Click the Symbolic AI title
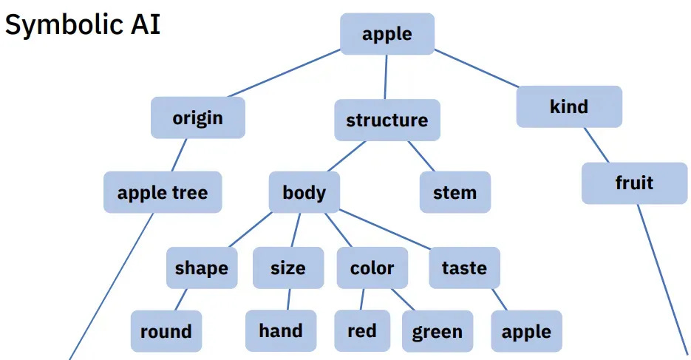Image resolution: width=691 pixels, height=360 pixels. (x=83, y=26)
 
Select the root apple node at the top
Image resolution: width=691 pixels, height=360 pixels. (x=387, y=34)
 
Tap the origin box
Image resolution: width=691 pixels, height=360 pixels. (x=197, y=118)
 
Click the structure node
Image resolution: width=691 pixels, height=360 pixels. (x=387, y=120)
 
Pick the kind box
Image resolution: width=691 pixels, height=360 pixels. (x=568, y=106)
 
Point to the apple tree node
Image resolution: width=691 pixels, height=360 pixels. (x=163, y=193)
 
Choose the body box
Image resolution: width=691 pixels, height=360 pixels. (x=304, y=192)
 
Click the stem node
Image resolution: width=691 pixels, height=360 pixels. (x=455, y=192)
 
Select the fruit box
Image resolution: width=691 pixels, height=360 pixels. (x=634, y=183)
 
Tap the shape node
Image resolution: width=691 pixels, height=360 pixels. (x=202, y=268)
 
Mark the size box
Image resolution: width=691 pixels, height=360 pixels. (x=287, y=268)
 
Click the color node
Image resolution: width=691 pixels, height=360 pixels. (x=372, y=268)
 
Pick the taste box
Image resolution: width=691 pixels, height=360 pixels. (x=464, y=268)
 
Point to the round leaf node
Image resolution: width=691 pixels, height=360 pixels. (x=166, y=331)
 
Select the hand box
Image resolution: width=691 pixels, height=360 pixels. (x=281, y=330)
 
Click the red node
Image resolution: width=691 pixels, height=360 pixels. (x=361, y=331)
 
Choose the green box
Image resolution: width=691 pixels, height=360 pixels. (x=438, y=332)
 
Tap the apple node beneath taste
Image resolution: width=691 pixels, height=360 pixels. (x=526, y=331)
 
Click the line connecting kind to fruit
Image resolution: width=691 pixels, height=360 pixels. (x=596, y=145)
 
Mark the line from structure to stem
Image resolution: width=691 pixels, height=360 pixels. (x=421, y=156)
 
